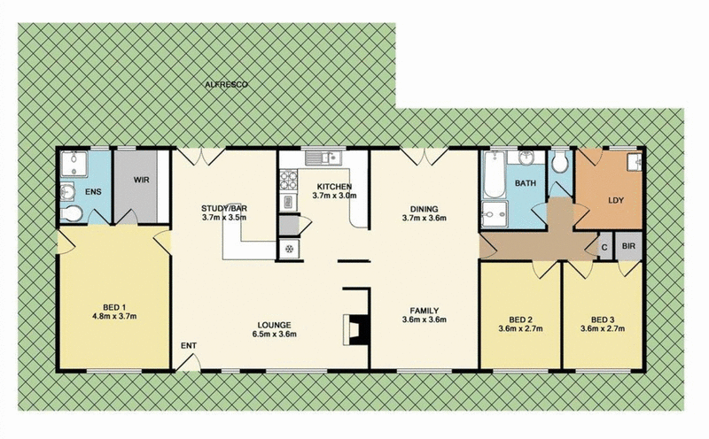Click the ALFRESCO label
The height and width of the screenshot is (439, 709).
(x=227, y=84)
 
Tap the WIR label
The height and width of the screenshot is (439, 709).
(x=141, y=180)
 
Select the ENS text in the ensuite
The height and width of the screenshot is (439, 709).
(x=93, y=192)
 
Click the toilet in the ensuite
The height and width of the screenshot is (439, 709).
(x=72, y=212)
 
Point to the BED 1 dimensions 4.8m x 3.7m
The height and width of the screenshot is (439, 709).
(x=114, y=316)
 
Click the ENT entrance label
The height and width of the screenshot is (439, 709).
(x=189, y=345)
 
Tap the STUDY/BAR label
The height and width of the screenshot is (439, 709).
(x=224, y=208)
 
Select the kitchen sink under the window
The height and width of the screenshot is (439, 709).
(x=323, y=158)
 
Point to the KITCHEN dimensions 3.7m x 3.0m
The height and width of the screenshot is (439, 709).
(x=334, y=196)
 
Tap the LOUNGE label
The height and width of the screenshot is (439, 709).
(x=274, y=325)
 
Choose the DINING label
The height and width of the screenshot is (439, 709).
(x=424, y=209)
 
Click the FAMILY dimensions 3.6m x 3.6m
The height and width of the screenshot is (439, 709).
(x=425, y=320)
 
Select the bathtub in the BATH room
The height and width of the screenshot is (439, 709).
(x=494, y=175)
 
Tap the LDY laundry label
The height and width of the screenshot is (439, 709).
(x=616, y=200)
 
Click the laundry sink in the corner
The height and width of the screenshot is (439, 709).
(x=634, y=162)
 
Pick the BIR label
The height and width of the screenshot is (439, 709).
(x=628, y=246)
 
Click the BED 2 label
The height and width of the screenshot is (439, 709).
(x=520, y=320)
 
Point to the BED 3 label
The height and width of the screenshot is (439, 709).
(x=603, y=320)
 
